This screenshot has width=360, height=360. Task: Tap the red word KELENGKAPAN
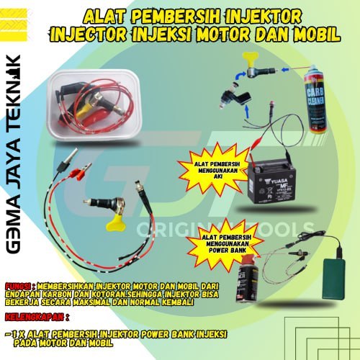(32, 318)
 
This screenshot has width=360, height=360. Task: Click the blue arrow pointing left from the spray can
(288, 70)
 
